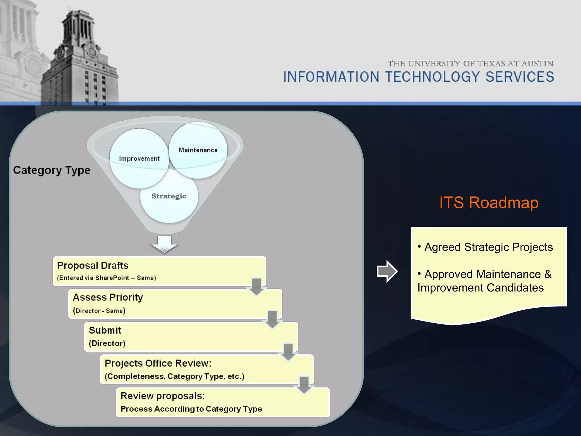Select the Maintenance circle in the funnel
point(198,150)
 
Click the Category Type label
point(52,170)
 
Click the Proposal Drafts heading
point(93,266)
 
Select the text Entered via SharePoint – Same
point(106,278)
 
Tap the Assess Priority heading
point(108,297)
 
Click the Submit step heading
point(105,330)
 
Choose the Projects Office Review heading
point(158,363)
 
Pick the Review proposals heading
point(163,396)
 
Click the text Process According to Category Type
point(191,409)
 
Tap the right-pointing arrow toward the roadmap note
point(387,271)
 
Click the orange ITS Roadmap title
point(489,203)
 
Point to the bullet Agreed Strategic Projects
point(488,247)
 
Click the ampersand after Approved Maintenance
point(548,274)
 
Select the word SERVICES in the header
point(520,77)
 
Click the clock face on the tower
point(92,52)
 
